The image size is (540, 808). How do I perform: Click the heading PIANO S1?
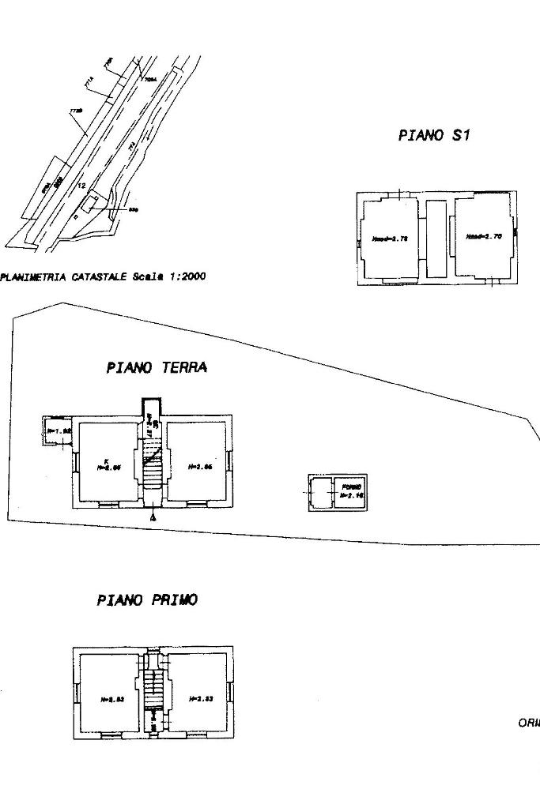pyautogui.click(x=434, y=135)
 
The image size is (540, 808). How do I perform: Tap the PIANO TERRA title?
pyautogui.click(x=157, y=367)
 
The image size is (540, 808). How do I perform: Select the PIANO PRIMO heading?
pyautogui.click(x=147, y=600)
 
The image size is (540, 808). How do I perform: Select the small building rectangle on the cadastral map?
pyautogui.click(x=93, y=202)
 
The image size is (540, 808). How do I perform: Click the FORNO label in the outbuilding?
pyautogui.click(x=351, y=486)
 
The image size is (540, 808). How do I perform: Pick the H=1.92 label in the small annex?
pyautogui.click(x=59, y=430)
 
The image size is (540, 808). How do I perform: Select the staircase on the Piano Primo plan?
pyautogui.click(x=155, y=689)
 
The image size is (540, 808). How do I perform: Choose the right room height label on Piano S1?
pyautogui.click(x=483, y=236)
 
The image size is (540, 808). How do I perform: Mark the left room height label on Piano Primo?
pyautogui.click(x=111, y=699)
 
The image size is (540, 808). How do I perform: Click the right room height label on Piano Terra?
pyautogui.click(x=200, y=467)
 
